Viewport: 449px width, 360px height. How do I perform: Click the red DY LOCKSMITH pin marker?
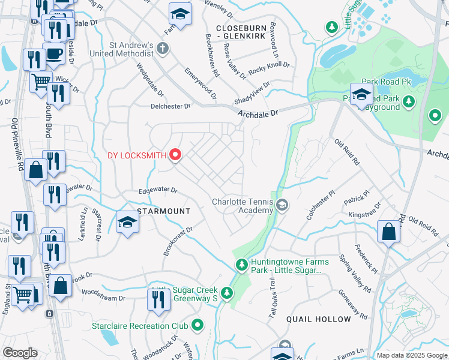175,155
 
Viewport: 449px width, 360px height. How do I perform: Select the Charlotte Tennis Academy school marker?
282,206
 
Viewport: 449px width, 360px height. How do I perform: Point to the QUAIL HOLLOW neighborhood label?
318,319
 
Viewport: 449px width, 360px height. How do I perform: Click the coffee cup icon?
53,53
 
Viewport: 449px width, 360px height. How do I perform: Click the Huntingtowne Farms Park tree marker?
241,264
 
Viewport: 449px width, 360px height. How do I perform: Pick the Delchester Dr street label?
170,106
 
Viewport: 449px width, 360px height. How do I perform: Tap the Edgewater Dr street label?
158,190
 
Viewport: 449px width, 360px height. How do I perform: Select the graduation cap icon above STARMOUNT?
127,223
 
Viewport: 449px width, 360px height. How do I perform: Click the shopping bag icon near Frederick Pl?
388,232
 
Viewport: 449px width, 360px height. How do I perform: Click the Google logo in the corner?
20,353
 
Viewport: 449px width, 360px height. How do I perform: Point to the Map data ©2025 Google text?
411,355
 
